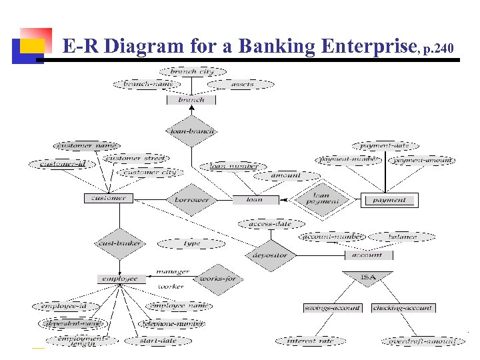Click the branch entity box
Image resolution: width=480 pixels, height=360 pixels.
tap(191, 100)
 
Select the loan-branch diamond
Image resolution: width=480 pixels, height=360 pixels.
tap(191, 131)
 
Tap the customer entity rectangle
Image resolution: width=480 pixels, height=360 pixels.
tap(109, 198)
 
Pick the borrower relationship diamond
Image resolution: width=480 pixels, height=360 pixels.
tap(191, 199)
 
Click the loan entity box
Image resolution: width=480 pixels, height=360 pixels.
tap(254, 199)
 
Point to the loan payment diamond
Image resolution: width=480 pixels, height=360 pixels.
tap(322, 199)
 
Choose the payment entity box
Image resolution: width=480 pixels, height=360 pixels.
tap(389, 200)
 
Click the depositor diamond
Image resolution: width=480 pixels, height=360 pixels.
tap(270, 255)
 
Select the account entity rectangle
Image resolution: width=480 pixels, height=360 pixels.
tap(367, 255)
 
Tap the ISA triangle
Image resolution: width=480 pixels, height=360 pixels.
tap(367, 277)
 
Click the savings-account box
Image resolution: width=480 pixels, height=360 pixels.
tap(332, 308)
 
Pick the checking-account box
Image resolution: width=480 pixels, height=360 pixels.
tap(403, 308)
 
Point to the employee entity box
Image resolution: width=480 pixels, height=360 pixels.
tap(121, 279)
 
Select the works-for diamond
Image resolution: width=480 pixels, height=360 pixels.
tap(218, 279)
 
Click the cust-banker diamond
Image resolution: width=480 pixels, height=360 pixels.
tap(119, 243)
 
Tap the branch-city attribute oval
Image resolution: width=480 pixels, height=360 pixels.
tap(193, 71)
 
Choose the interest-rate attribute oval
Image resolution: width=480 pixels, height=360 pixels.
tap(311, 341)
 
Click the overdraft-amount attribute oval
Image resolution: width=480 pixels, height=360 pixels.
tap(423, 341)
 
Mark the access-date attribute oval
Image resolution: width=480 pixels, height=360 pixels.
tap(270, 224)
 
